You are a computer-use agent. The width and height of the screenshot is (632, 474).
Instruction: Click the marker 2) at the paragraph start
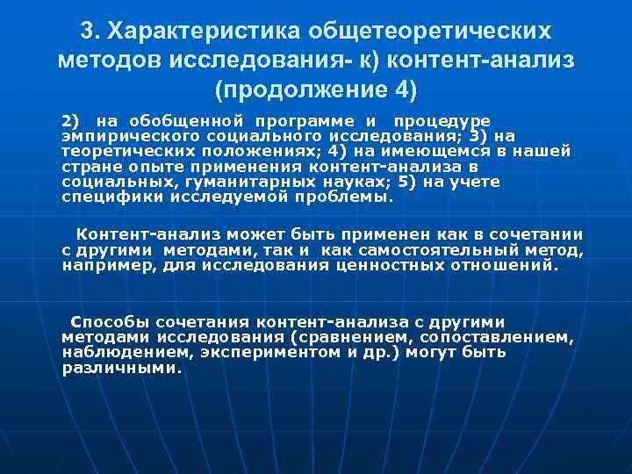pyautogui.click(x=69, y=120)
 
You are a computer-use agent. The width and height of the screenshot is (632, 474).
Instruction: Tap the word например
pyautogui.click(x=109, y=264)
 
